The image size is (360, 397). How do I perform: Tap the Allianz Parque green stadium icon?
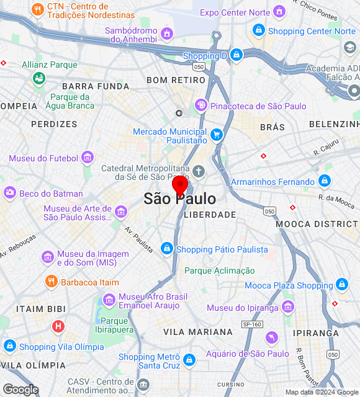click(x=38, y=78)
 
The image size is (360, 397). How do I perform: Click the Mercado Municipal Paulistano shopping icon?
click(x=216, y=135)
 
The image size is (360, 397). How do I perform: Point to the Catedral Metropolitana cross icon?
click(x=199, y=171)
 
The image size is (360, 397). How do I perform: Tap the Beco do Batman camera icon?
click(x=9, y=194)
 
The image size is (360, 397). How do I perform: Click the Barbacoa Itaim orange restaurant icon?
click(x=51, y=282)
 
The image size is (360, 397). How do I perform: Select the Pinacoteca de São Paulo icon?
click(x=200, y=105)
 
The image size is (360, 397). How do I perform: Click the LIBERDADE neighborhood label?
click(x=210, y=215)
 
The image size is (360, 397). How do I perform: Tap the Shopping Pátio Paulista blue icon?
click(x=166, y=249)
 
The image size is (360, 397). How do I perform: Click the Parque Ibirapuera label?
click(x=114, y=325)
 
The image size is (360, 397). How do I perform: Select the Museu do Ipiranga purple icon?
click(x=287, y=307)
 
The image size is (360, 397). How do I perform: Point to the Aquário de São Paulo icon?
click(x=271, y=337)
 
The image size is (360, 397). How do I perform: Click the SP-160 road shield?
click(x=252, y=324)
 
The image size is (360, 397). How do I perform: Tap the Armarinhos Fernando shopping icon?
click(x=324, y=181)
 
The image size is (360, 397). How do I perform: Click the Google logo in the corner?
click(x=20, y=390)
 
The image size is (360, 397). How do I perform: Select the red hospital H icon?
click(x=58, y=326)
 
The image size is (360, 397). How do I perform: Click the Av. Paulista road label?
click(x=138, y=238)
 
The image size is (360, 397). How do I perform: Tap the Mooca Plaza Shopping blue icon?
click(x=342, y=285)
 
